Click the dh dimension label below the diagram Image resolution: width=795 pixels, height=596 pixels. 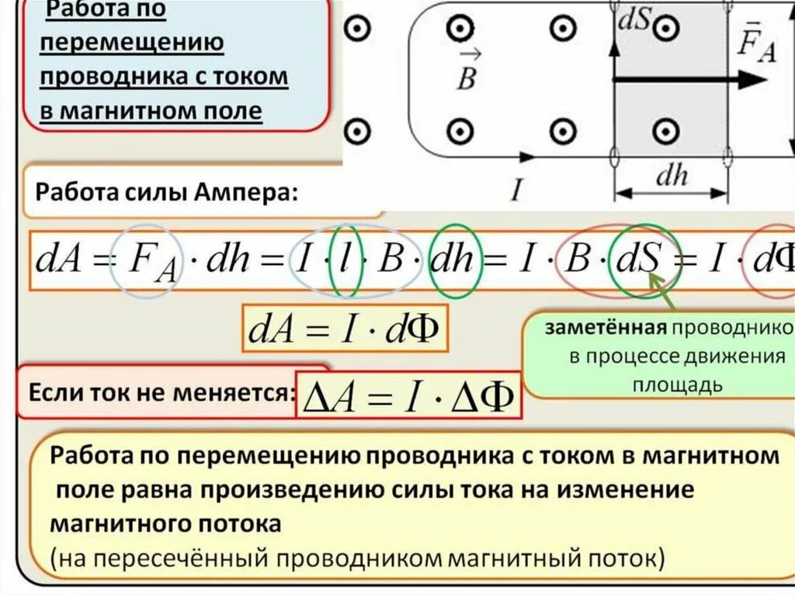672,177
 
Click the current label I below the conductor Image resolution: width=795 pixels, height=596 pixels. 516,189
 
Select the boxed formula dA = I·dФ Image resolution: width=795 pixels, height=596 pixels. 342,331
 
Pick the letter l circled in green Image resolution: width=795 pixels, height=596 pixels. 345,260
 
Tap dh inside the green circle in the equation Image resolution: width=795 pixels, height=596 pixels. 455,260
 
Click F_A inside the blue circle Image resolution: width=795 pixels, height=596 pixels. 148,261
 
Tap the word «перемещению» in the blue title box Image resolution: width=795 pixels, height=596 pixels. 132,44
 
